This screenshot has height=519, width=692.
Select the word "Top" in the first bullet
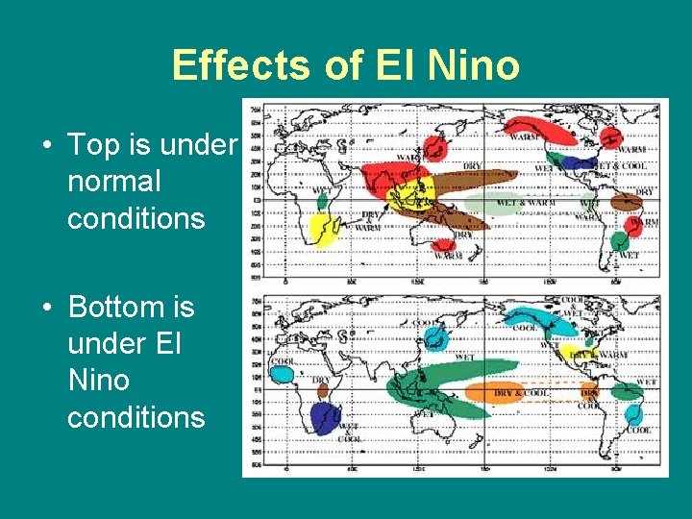[x=93, y=144]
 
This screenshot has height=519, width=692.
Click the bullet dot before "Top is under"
[x=46, y=146]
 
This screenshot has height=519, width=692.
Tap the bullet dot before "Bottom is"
[x=46, y=309]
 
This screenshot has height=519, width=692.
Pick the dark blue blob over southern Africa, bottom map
[x=326, y=418]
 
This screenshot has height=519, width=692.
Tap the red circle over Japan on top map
[x=435, y=148]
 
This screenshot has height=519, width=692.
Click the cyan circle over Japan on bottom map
[x=436, y=337]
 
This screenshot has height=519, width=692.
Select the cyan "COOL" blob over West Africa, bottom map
[x=282, y=374]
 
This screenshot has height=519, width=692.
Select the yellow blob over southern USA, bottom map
[x=573, y=353]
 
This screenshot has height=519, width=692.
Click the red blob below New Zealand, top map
[x=445, y=247]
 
